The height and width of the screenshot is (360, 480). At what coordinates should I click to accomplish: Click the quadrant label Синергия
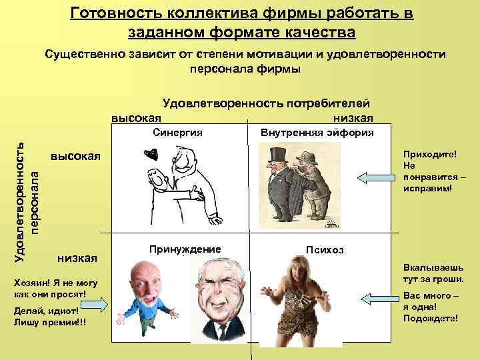[177, 132]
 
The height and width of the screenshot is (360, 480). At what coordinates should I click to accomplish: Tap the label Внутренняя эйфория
[317, 132]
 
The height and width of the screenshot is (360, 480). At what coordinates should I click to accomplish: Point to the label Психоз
[325, 250]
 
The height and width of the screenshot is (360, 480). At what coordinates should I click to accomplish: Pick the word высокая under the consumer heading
[136, 117]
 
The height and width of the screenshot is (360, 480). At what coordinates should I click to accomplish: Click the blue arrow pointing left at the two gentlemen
[376, 177]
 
